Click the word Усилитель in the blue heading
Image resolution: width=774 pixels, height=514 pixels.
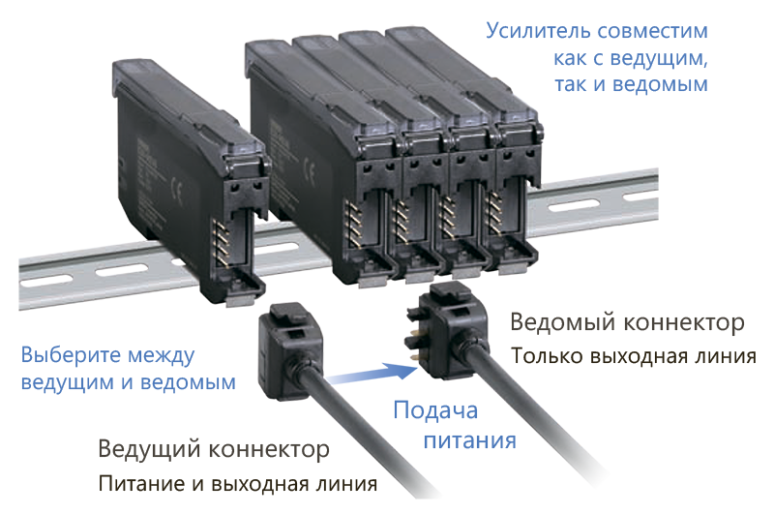(x=539, y=31)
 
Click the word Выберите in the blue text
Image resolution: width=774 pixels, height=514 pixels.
(x=71, y=355)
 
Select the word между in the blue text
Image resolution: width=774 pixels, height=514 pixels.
(x=162, y=356)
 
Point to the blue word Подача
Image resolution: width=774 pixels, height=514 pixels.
(x=436, y=410)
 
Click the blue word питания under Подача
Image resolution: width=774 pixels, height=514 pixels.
(x=470, y=439)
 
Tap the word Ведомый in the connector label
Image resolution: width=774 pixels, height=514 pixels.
(x=563, y=322)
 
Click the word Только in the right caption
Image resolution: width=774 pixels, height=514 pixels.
(x=547, y=355)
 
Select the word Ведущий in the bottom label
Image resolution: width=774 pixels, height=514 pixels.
(x=150, y=449)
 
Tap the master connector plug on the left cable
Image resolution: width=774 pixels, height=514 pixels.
(x=291, y=349)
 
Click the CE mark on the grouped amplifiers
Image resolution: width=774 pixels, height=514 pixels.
(x=310, y=170)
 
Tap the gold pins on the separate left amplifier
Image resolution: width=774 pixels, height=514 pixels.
(x=221, y=243)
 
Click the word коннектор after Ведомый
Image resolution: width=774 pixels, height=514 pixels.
(x=684, y=323)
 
